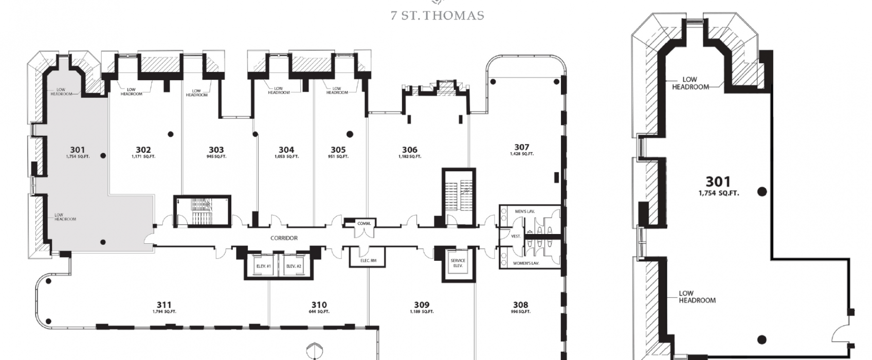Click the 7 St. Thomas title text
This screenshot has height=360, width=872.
click(438, 15)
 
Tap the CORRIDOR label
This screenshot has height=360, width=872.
click(284, 238)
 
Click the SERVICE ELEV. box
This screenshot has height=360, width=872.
click(458, 263)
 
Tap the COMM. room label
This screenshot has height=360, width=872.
click(365, 223)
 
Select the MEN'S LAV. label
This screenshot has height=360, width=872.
click(525, 211)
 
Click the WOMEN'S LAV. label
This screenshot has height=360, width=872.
click(525, 263)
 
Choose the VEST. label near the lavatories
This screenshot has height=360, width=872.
click(516, 236)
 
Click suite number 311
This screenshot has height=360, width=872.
click(165, 305)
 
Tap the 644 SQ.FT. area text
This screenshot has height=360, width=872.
click(319, 311)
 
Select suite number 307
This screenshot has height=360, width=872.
click(522, 147)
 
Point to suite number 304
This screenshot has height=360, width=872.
click(286, 150)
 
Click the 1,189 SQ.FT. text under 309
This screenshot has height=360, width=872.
click(422, 311)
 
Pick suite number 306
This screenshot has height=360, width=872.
click(410, 150)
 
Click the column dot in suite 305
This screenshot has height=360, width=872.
click(350, 134)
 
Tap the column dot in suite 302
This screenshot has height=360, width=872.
click(171, 134)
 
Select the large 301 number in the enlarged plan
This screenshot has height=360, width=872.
click(718, 182)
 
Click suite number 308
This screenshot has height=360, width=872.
click(520, 305)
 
